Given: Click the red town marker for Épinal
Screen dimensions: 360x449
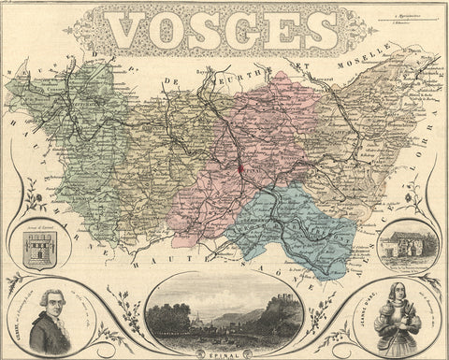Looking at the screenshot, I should (239, 169).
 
